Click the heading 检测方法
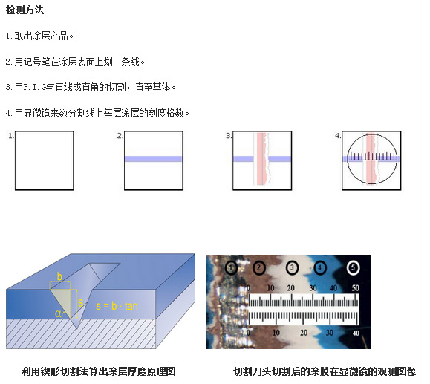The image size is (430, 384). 25,10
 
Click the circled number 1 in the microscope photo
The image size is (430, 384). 231,267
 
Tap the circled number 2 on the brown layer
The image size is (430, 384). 259,267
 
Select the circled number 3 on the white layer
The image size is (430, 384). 292,267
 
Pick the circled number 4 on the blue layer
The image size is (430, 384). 320,267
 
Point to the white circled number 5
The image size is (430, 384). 354,267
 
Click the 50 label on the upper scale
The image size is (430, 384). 356,287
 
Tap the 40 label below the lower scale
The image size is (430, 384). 356,333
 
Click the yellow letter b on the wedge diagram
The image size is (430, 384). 59,276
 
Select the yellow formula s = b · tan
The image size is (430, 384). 117,306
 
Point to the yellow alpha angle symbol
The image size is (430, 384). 58,313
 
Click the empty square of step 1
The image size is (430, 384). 45,160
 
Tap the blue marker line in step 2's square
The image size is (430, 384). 154,159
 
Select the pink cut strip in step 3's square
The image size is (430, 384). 262,159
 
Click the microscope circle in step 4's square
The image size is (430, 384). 348,159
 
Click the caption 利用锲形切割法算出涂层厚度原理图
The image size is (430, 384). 99,371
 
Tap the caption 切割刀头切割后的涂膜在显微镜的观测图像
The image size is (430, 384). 325,371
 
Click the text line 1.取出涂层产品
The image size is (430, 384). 39,36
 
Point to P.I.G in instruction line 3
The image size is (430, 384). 35,87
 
